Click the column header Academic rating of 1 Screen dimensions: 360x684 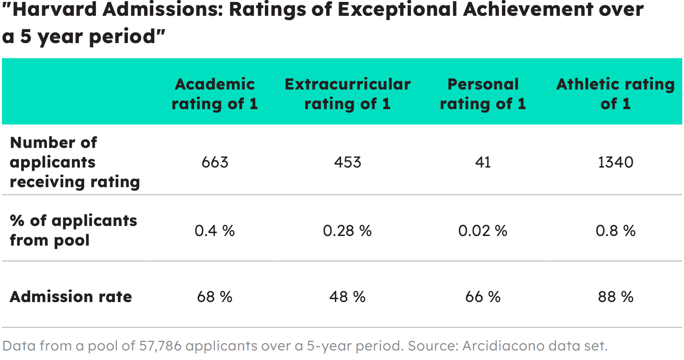pyautogui.click(x=215, y=94)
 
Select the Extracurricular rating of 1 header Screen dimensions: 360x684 pyautogui.click(x=347, y=94)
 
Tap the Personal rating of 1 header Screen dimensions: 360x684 pyautogui.click(x=483, y=94)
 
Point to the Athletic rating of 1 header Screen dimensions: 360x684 pyautogui.click(x=616, y=94)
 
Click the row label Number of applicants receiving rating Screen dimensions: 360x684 pyautogui.click(x=75, y=162)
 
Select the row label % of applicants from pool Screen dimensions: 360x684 pyautogui.click(x=73, y=230)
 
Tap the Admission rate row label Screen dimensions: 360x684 pyautogui.click(x=71, y=297)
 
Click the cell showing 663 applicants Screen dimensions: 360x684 pyautogui.click(x=215, y=162)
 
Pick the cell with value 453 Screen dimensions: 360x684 pyautogui.click(x=347, y=162)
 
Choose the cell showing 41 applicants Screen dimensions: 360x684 pyautogui.click(x=483, y=162)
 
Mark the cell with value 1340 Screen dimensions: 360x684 pyautogui.click(x=616, y=162)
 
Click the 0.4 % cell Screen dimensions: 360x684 pyautogui.click(x=215, y=231)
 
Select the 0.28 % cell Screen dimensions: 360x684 pyautogui.click(x=347, y=231)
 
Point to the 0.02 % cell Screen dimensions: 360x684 pyautogui.click(x=483, y=231)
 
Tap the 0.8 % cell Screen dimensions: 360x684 pyautogui.click(x=616, y=231)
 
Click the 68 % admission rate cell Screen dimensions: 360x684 pyautogui.click(x=215, y=297)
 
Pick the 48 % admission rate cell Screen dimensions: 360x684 pyautogui.click(x=347, y=297)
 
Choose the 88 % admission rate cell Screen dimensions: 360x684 pyautogui.click(x=616, y=297)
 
